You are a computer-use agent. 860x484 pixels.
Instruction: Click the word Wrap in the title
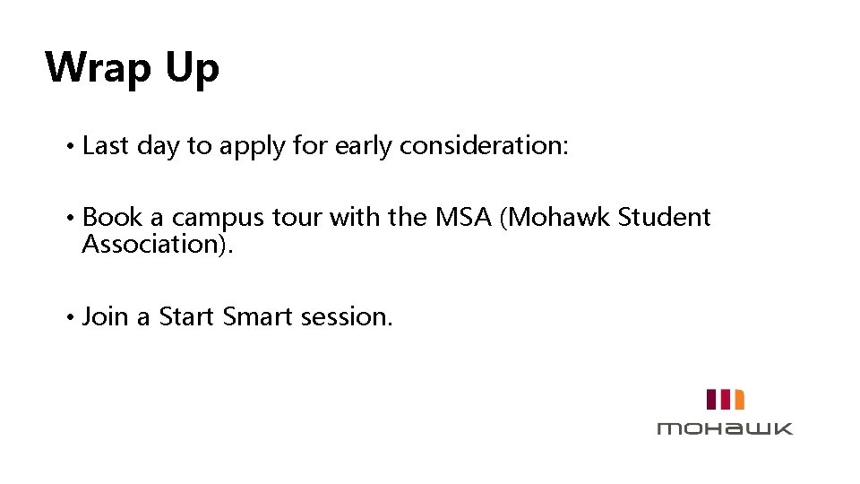click(x=98, y=68)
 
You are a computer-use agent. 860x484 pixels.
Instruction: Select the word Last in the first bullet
click(x=106, y=147)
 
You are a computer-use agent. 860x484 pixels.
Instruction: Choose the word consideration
click(x=483, y=147)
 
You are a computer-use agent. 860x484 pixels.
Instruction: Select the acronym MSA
click(x=459, y=218)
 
